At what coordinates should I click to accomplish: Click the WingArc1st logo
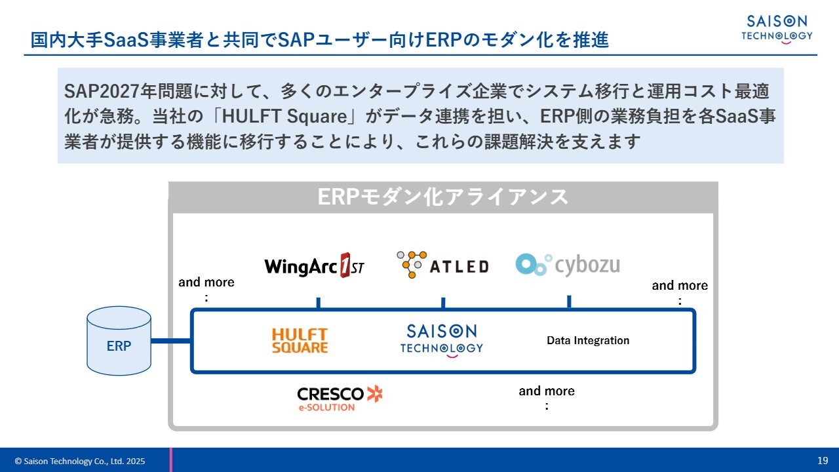click(314, 265)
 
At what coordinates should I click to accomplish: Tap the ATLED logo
click(443, 264)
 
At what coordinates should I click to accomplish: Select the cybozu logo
click(568, 264)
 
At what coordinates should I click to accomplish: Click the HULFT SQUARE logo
click(300, 341)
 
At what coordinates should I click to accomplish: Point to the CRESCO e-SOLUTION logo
click(339, 398)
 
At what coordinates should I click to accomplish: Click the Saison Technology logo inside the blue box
click(441, 340)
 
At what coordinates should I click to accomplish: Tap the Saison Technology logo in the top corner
click(777, 28)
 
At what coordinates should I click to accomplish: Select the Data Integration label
click(588, 340)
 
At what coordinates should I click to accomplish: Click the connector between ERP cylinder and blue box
click(171, 341)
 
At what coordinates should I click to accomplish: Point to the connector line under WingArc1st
click(318, 303)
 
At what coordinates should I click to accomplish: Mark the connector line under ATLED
click(443, 303)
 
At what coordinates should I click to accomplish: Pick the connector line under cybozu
click(569, 302)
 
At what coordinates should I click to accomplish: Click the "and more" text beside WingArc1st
click(206, 283)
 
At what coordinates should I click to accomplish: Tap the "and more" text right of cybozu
click(680, 286)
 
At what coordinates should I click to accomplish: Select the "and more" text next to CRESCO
click(547, 391)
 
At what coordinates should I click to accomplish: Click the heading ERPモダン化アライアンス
click(443, 197)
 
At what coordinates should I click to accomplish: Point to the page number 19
click(823, 460)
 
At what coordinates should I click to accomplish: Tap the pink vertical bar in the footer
click(171, 460)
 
